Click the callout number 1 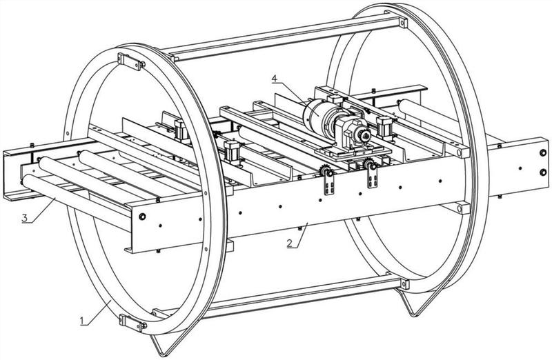[82, 320]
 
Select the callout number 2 [289, 243]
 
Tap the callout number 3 [24, 218]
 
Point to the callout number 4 [275, 79]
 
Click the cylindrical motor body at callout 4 [316, 112]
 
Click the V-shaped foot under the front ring [166, 344]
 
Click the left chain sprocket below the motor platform [326, 172]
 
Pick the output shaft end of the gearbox [364, 135]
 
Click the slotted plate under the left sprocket [329, 186]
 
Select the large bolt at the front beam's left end [142, 217]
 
